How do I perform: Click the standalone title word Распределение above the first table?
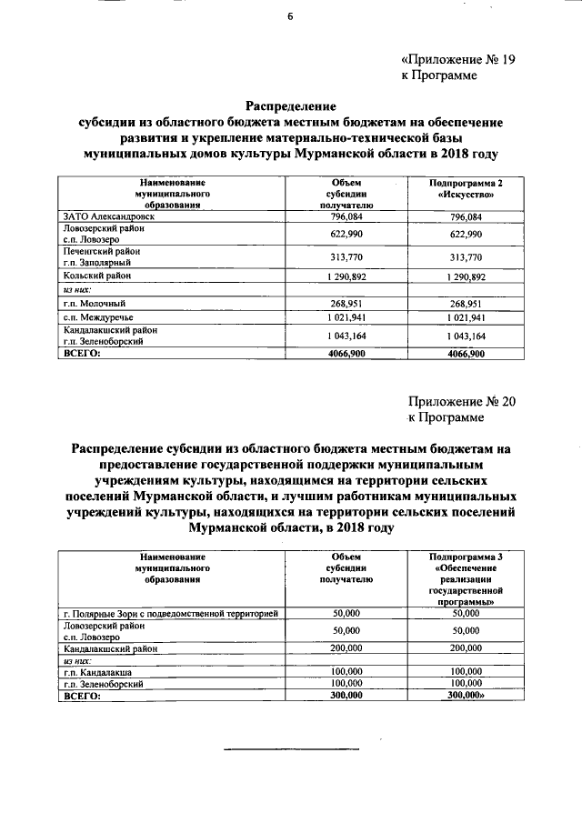click(x=292, y=105)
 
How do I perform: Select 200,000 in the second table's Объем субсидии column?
click(x=347, y=648)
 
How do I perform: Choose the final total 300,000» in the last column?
click(x=467, y=694)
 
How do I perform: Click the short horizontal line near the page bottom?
click(x=292, y=748)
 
